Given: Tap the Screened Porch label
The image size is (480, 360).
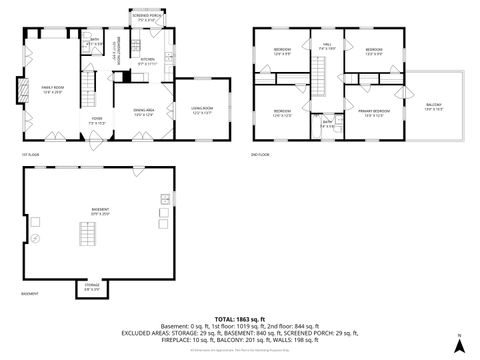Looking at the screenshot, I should click(145, 17).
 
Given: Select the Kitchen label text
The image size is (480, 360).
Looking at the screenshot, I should click(145, 61).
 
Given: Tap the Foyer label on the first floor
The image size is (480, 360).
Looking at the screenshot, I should click(98, 120).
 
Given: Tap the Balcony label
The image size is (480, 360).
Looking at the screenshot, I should click(432, 106).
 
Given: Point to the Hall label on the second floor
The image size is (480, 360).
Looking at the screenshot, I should click(325, 45).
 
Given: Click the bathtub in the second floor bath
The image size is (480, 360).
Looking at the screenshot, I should click(339, 125).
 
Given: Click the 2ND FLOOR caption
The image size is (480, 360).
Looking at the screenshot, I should click(263, 155).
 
